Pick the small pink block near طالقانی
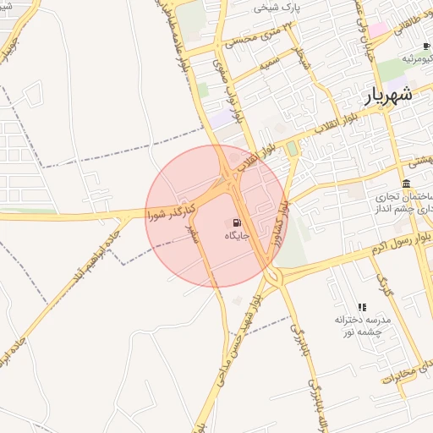point(378,30)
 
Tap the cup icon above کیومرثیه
point(426,45)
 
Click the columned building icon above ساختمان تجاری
point(407,184)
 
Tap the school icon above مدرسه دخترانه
point(362,308)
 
